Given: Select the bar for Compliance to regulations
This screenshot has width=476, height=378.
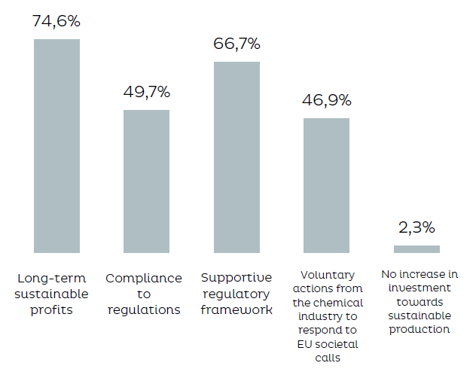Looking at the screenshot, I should coord(146,181).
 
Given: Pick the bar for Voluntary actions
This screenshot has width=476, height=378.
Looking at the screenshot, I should coord(326,185).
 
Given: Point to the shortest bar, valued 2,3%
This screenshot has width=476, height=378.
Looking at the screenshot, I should coord(416,249).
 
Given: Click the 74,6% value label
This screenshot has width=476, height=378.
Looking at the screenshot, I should coord(56,21).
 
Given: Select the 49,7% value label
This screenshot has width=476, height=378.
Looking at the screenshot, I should coord(146,93).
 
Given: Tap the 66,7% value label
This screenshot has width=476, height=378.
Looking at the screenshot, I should coord(236,44).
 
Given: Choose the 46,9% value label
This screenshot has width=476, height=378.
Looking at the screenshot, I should coord(326,101).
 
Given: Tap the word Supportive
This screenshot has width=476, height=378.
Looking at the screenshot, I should coord(236,278).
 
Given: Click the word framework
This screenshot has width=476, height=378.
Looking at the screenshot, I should coord(236,309).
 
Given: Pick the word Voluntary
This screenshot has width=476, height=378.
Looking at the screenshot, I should coord(327,275).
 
